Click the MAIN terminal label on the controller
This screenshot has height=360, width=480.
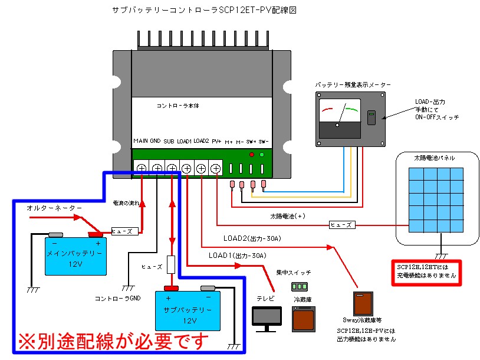[140, 142]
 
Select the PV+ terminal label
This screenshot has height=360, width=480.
[216, 142]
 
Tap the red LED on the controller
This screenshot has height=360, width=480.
[251, 155]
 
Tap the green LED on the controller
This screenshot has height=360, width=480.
[262, 155]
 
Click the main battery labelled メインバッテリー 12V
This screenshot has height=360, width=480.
[76, 256]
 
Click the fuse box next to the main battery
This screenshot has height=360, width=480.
[125, 231]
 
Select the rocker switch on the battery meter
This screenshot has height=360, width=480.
[371, 117]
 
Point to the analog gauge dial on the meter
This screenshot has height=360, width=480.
[339, 112]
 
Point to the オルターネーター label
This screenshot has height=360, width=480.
[54, 208]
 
